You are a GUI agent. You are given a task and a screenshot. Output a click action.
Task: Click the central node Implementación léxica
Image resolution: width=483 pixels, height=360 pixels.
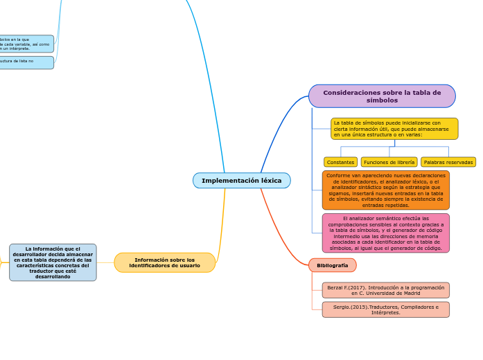point(241,181)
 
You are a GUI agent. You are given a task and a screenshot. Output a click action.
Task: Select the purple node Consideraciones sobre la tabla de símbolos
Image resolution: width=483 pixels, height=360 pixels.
point(382,96)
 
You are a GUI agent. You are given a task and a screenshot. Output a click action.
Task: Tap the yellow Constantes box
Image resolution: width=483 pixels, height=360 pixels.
point(340,162)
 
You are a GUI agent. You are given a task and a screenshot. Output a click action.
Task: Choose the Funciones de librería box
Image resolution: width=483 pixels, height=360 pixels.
point(389,162)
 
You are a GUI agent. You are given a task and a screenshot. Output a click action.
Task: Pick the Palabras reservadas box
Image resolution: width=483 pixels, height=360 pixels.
point(448,162)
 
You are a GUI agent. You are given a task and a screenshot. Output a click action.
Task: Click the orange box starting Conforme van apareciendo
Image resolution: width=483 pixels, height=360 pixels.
point(385,190)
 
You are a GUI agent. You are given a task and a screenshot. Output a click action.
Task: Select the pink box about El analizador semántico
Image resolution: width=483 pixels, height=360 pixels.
point(385,233)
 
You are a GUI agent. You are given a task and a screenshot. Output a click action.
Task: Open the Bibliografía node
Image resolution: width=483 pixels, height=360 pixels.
point(332,265)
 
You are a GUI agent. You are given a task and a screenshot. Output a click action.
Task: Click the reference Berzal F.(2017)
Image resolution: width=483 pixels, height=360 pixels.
point(385,290)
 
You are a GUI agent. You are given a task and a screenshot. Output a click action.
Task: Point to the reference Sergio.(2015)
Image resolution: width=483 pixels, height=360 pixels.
point(385,309)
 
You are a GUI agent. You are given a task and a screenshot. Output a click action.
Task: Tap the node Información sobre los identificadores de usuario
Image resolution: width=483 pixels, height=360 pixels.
point(164,262)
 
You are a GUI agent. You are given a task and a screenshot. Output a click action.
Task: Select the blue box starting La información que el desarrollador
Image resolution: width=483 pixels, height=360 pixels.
point(53,262)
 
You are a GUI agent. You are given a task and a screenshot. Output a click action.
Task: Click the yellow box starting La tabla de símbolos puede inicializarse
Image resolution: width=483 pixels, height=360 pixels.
point(394,129)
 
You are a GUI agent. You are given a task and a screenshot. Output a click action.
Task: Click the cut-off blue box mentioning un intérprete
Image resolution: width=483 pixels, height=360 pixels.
point(26,44)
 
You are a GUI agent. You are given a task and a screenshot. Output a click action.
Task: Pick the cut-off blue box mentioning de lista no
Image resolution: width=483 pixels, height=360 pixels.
point(26,62)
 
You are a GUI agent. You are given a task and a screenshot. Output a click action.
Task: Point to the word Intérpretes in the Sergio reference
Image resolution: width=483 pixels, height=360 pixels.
point(385,313)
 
